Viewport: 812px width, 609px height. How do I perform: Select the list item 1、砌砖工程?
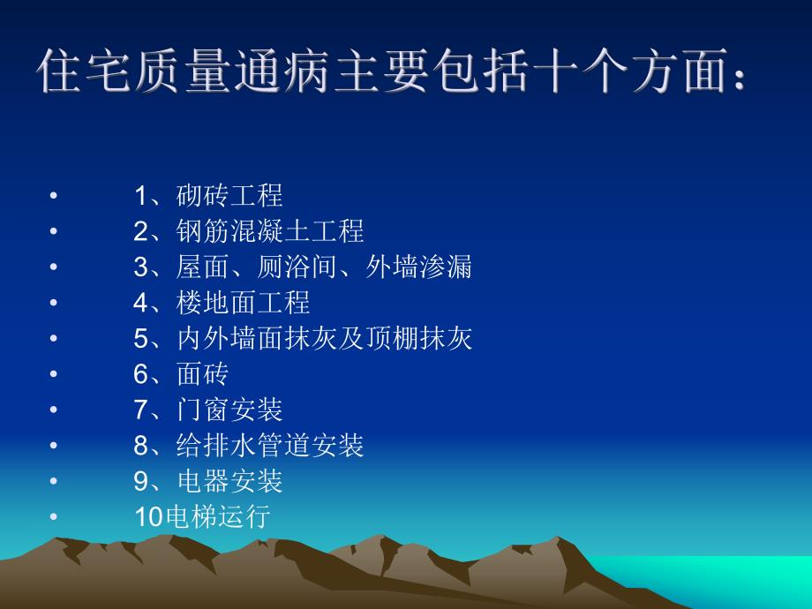208,195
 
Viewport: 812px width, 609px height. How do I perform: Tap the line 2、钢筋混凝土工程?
249,231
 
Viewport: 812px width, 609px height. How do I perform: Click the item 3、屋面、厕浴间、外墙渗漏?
303,267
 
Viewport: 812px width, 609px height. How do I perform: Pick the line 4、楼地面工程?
222,303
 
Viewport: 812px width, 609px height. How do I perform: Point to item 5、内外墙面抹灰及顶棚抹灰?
303,338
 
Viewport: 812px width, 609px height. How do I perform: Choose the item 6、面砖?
181,374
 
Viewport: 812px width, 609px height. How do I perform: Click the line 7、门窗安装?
208,410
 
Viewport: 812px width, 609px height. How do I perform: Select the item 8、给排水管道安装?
249,446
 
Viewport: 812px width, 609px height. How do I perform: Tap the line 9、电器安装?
208,481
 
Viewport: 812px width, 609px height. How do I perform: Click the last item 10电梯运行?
201,517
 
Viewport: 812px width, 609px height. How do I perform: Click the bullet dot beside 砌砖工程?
54,196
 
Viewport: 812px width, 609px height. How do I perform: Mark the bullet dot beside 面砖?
54,375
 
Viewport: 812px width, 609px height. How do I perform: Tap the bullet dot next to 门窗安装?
54,410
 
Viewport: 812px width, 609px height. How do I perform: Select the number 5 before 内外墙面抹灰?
142,339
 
